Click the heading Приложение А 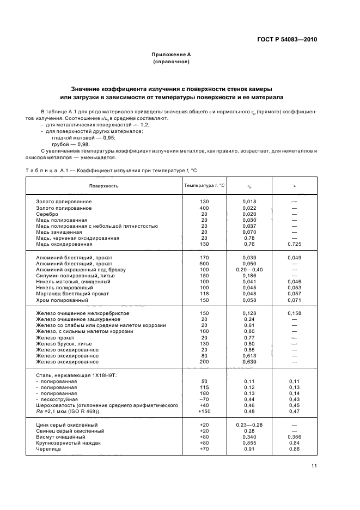pos(170,54)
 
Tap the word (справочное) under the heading pos(171,62)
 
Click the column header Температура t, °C pos(204,186)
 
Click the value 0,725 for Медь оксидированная pos(294,244)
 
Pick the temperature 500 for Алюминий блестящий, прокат pos(204,264)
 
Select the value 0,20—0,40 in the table pos(249,270)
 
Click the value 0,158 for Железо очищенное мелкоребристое pos(294,313)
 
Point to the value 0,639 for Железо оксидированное pos(249,362)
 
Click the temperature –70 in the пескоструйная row pos(204,400)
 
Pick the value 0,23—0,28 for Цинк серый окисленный pos(249,424)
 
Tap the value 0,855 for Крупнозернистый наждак pos(249,442)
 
